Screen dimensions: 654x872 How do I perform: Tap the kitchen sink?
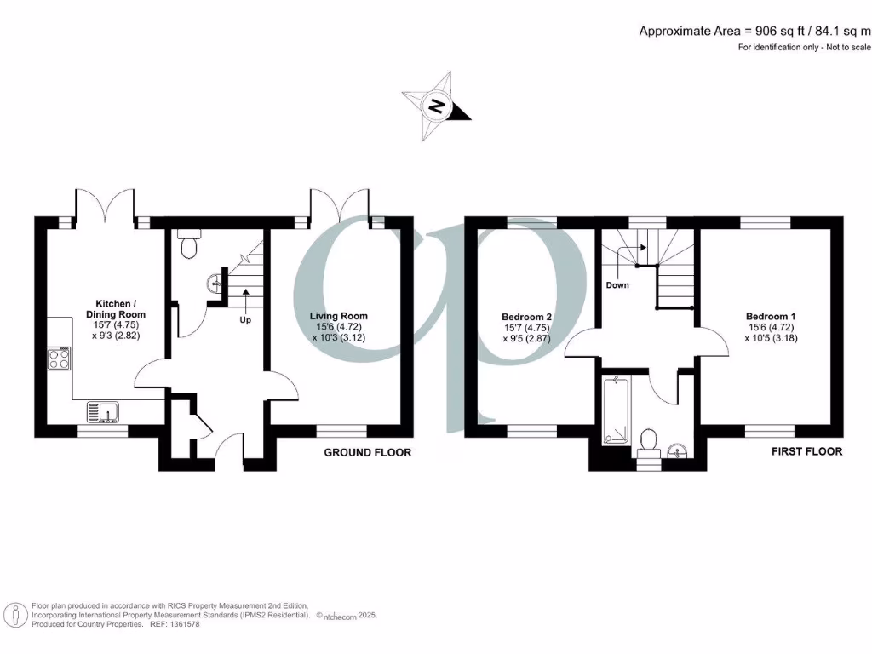coord(103,413)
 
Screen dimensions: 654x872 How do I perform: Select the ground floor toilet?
coord(189,244)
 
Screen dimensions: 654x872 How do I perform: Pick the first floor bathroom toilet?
coord(648,440)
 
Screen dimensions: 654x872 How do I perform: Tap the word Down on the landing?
coord(617,285)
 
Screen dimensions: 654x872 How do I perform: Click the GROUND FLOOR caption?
coord(367,452)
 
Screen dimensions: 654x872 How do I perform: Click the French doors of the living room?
coord(341,204)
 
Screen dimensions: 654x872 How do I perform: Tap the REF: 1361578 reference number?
coord(174,624)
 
